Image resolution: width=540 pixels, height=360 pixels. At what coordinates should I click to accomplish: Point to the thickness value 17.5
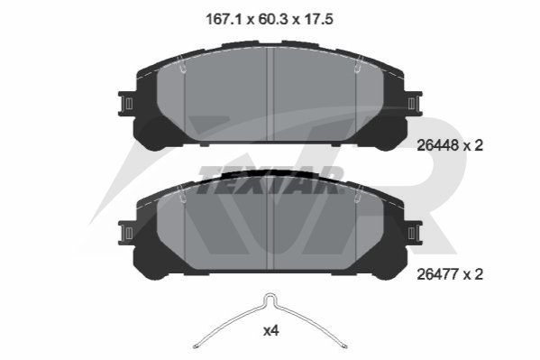point(318,19)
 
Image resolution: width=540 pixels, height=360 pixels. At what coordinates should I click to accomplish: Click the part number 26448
point(438,145)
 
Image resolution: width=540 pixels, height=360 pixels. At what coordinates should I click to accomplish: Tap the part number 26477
point(438,274)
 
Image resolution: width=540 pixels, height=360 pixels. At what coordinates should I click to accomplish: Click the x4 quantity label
point(270,331)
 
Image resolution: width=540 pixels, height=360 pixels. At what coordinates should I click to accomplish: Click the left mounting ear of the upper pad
point(127,104)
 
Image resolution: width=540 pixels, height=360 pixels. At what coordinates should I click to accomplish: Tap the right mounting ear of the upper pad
point(413,104)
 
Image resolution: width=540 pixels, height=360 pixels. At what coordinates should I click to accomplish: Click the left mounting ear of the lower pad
point(127,233)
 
